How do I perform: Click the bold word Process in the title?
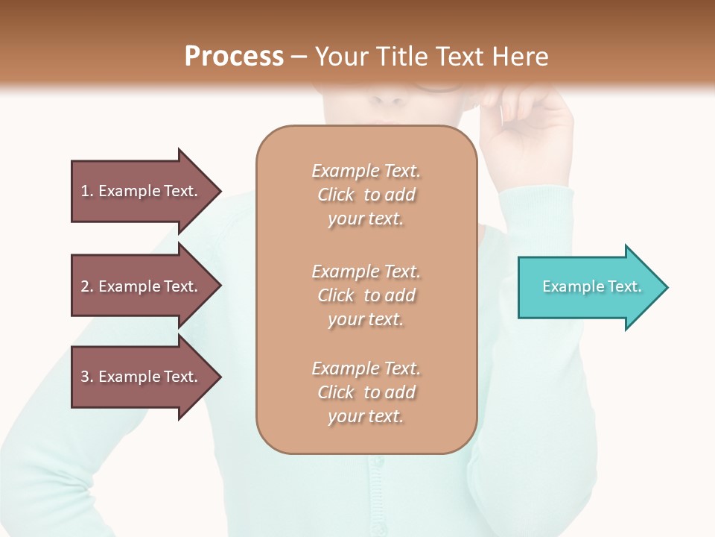[x=234, y=57]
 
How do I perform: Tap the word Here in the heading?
[x=519, y=57]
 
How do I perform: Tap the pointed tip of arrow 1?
[x=219, y=191]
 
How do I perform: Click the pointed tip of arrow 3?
[x=219, y=377]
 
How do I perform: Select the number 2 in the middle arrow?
[x=85, y=286]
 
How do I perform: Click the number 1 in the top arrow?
[x=85, y=191]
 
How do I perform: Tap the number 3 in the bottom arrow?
[x=85, y=377]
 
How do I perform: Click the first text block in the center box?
[x=366, y=195]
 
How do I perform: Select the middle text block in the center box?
[x=366, y=295]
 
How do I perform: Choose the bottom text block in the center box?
[x=366, y=392]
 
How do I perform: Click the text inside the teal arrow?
[x=591, y=286]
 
